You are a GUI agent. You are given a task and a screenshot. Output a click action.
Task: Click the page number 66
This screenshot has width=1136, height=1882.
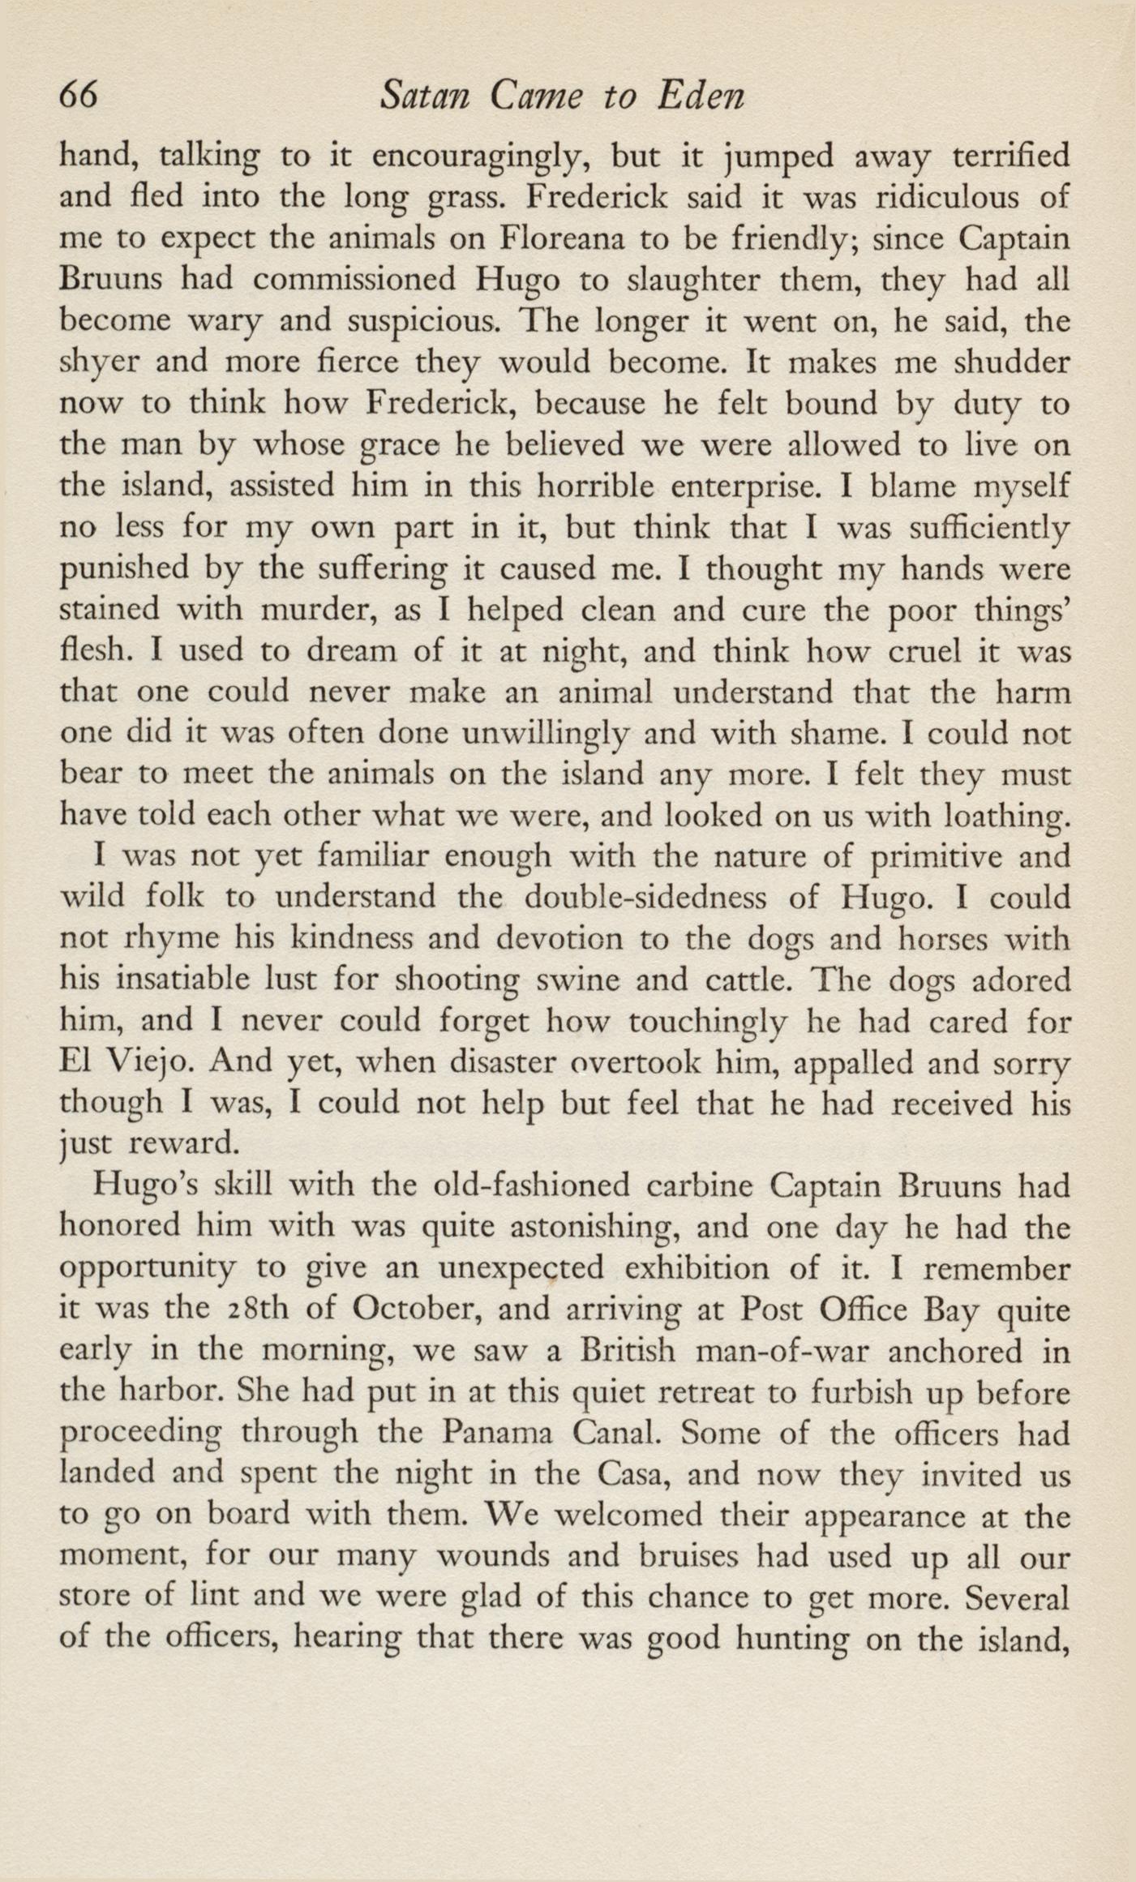coord(79,97)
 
